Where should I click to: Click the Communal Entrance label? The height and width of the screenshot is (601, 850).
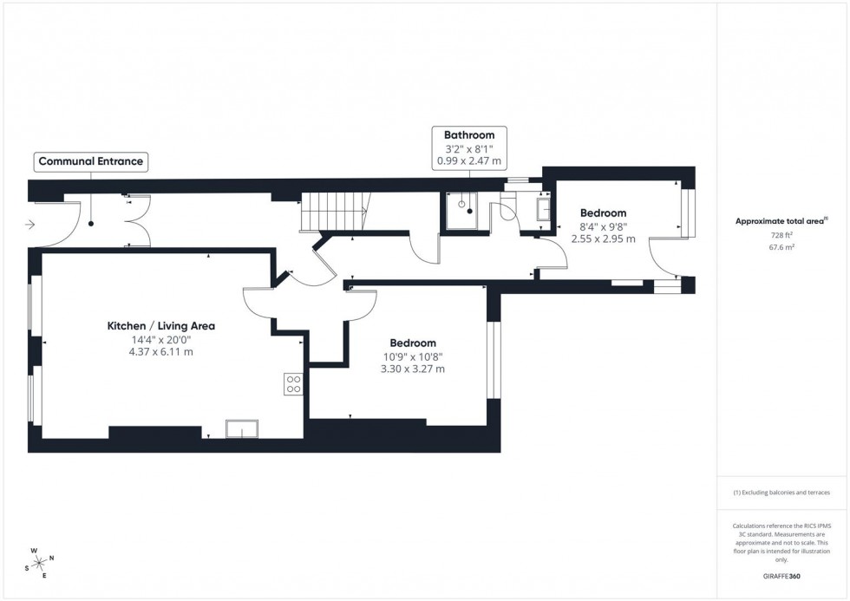coord(90,161)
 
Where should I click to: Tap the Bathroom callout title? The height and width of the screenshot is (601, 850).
coord(469,135)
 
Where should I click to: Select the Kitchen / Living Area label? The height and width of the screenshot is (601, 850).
coord(160,326)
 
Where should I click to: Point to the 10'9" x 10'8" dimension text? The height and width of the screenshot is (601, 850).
coord(412,356)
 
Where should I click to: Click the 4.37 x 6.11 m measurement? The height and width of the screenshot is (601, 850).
coord(160,352)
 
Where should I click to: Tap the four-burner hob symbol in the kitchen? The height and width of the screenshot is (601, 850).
coord(294,384)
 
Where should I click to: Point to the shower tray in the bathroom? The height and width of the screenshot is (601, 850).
coord(467,210)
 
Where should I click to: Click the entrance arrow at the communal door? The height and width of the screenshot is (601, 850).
coord(30,225)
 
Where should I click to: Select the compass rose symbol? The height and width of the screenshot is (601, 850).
coord(39,561)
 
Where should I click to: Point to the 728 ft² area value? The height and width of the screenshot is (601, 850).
coord(783,234)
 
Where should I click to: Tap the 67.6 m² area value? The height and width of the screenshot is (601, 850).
coord(783,247)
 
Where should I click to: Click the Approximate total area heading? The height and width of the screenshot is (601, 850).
coord(781,221)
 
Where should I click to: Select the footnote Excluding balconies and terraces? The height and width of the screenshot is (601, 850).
coord(781,493)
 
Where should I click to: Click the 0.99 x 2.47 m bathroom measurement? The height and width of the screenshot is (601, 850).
coord(469,161)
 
